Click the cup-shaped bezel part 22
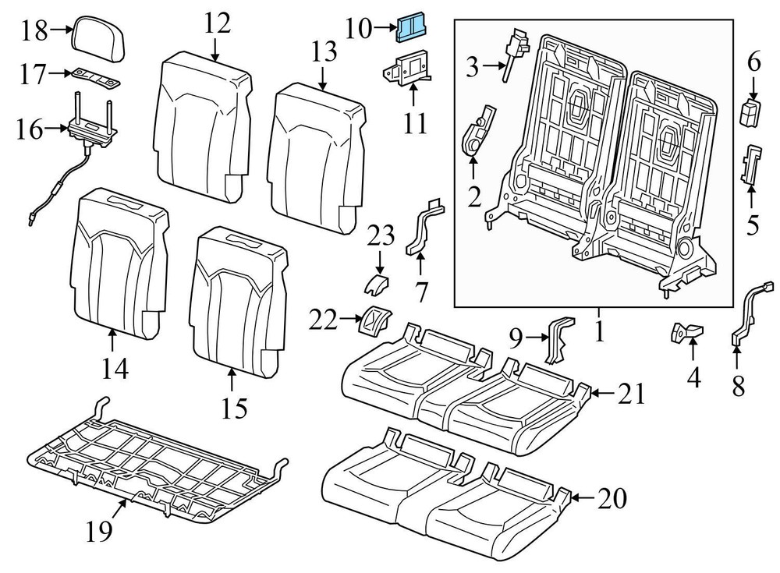(x=373, y=320)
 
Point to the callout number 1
(x=598, y=332)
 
